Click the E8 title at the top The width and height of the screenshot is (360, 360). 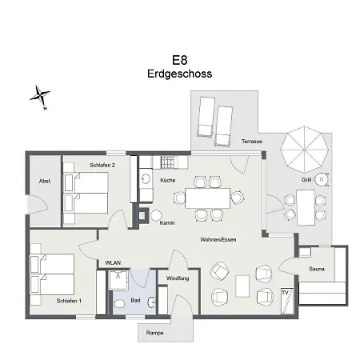pos(180,59)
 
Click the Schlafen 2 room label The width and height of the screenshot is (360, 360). pos(103,166)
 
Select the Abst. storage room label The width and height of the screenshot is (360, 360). pos(45,182)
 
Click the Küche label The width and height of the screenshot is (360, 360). pos(167,181)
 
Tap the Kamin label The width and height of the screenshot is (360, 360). pos(168,222)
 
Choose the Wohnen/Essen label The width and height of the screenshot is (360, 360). pos(218,239)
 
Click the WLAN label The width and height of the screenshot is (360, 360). pos(113,262)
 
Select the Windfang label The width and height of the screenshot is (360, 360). pos(178,279)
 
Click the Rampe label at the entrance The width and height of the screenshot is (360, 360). pos(155,332)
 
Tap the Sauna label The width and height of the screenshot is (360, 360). pos(317,270)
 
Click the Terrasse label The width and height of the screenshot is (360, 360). pos(252,142)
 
